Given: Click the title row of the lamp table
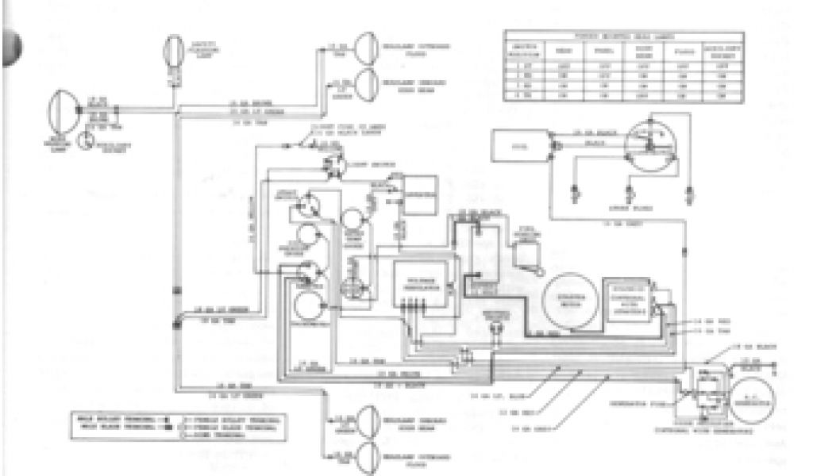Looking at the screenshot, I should tap(624, 36).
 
